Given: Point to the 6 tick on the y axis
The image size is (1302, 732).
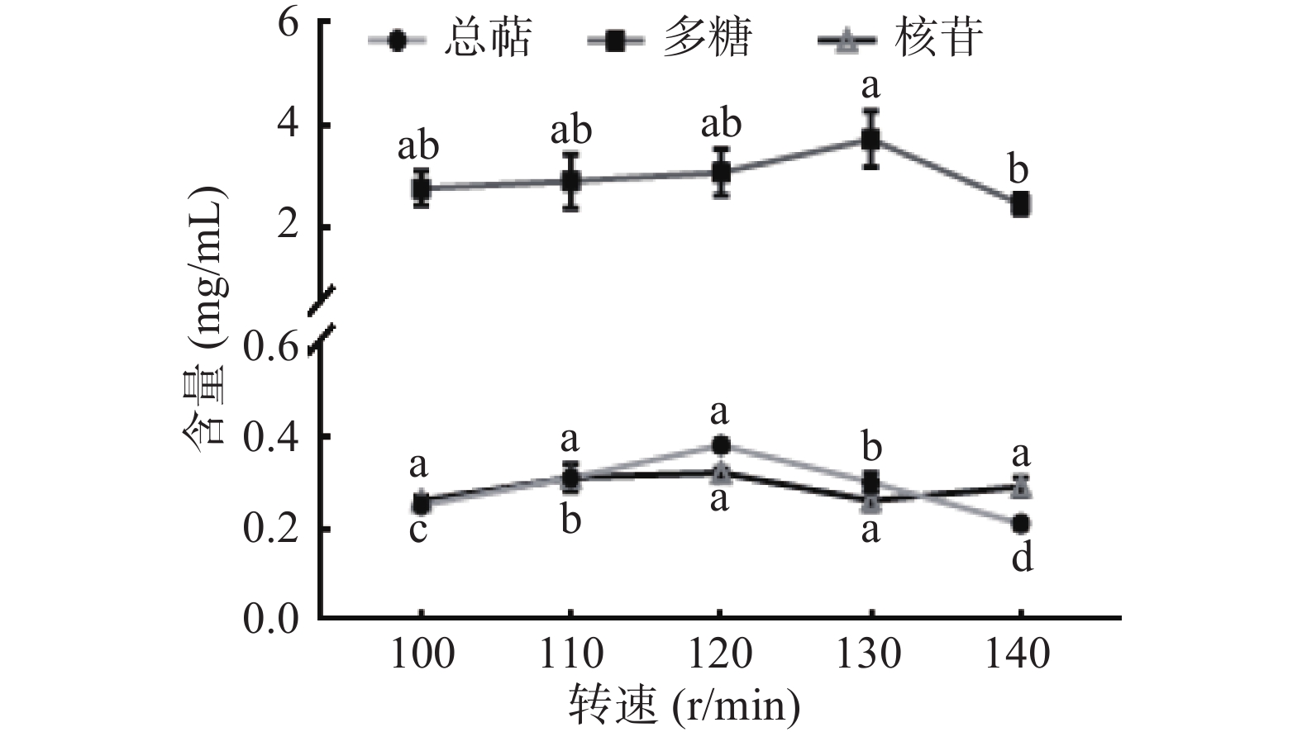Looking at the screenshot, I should (x=287, y=22).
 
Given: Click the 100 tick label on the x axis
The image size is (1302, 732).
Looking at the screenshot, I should (x=422, y=654).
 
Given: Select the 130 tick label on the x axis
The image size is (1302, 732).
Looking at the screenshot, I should (x=870, y=654).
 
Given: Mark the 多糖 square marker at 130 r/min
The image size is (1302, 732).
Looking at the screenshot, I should (x=870, y=139).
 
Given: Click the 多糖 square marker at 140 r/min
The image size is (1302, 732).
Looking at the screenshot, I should (x=1021, y=204).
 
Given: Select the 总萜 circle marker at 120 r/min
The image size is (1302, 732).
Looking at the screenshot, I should (x=720, y=445).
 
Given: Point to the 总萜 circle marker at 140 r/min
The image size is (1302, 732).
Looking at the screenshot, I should (x=1021, y=524).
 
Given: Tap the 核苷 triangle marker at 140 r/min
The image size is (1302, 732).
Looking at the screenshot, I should (x=1021, y=487).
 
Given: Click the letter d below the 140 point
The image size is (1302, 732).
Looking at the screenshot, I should (x=1022, y=559).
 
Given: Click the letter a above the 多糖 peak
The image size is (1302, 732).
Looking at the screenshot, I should (x=870, y=87).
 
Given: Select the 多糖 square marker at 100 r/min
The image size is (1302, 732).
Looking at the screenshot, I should (x=422, y=188).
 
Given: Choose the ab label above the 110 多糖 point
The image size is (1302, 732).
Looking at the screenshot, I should (x=570, y=131).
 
